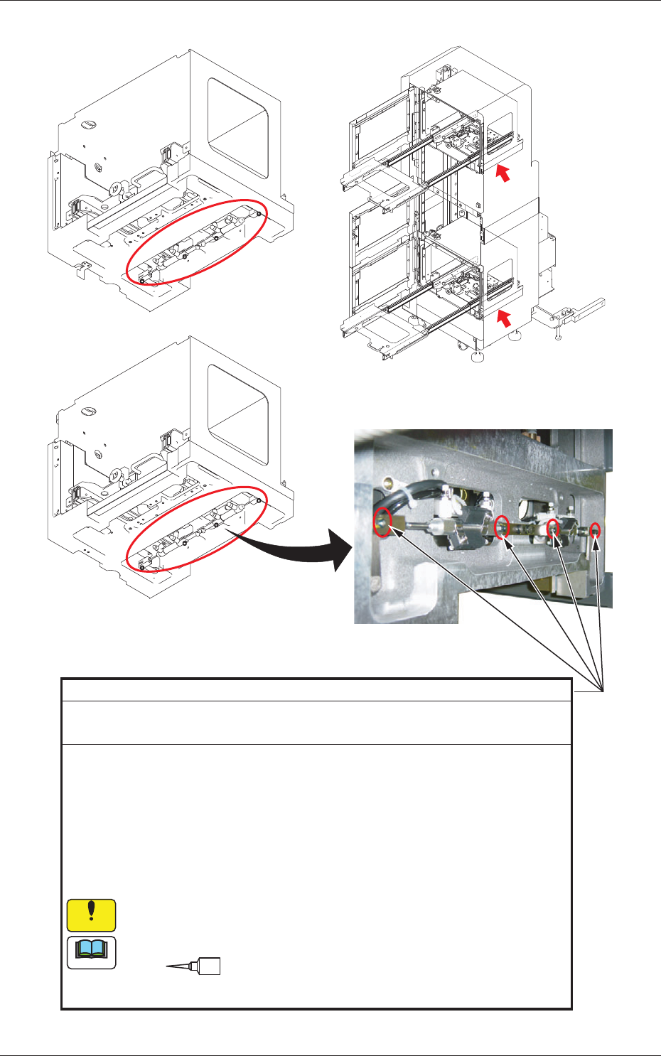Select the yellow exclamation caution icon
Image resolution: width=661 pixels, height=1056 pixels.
point(91,915)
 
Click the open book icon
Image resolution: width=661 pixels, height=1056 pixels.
point(91,953)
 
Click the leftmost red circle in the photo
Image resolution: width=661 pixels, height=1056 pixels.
point(382,522)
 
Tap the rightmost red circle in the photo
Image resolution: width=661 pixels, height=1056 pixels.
point(596,529)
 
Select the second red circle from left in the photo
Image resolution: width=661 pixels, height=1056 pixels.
point(502,527)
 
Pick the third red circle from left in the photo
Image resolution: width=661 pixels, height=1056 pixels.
point(553,527)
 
